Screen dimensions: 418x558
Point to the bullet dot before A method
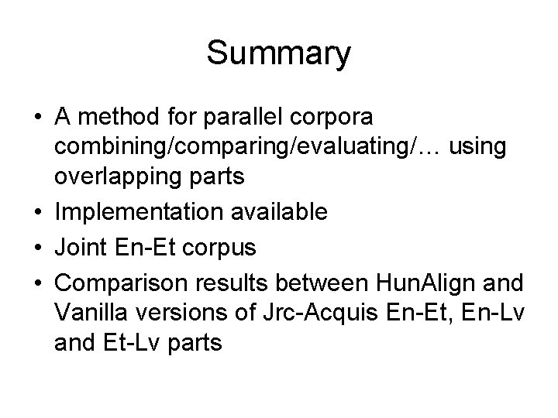(x=39, y=119)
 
